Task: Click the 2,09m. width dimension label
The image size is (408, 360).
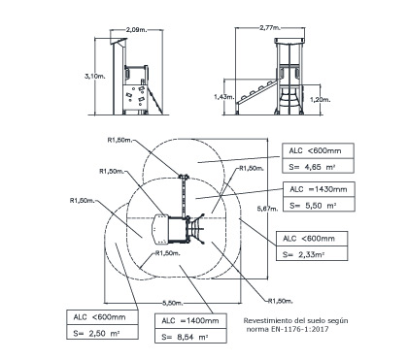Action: point(136,30)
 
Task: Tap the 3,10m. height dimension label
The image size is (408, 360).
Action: point(95,77)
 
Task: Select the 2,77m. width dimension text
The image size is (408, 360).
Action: point(270,28)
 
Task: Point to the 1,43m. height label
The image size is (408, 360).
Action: point(224,96)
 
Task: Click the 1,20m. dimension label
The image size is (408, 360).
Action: point(321,100)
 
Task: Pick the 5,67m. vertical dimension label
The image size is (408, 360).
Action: point(267,209)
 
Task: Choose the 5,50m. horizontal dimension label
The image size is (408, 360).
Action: point(173,303)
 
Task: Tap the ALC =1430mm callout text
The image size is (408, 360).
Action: point(319,189)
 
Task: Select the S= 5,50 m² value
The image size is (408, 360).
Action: point(313,206)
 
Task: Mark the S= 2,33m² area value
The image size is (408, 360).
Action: point(304,254)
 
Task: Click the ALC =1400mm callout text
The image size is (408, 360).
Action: point(190,321)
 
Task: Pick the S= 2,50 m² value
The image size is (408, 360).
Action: point(96,334)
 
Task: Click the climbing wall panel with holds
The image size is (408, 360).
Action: point(135,97)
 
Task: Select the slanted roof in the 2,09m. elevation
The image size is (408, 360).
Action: point(119,42)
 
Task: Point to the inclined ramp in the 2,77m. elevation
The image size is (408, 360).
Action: point(257,92)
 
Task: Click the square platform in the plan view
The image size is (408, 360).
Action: point(177,230)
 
